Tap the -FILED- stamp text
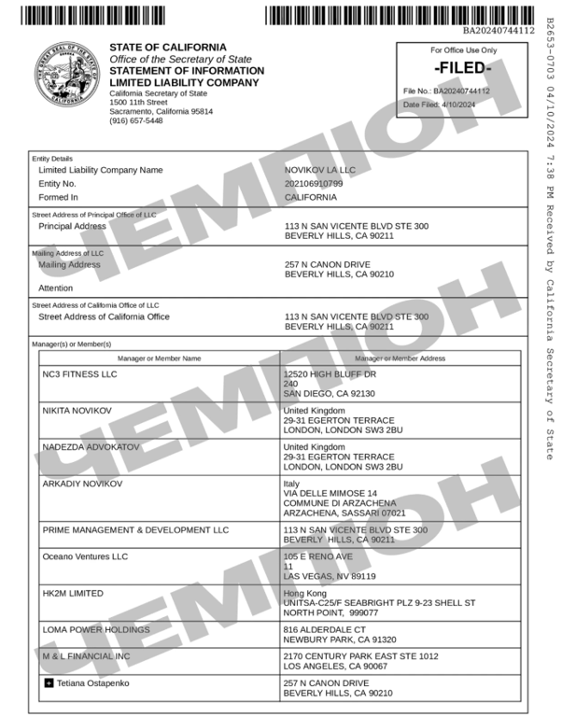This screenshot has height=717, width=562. (464, 69)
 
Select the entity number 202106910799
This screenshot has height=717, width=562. (314, 184)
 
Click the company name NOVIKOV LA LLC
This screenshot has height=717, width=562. (320, 170)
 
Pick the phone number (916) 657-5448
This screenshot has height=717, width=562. (136, 120)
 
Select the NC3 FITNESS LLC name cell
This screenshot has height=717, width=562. (80, 374)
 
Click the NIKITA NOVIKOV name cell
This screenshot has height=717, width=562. (77, 411)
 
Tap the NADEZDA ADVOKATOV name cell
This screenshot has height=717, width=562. (91, 447)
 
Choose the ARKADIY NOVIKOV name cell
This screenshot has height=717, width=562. (82, 484)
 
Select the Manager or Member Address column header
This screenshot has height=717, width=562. (400, 358)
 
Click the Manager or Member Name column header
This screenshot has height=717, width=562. (159, 358)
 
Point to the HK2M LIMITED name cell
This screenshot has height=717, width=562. (73, 593)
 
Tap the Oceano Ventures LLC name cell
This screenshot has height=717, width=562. (87, 556)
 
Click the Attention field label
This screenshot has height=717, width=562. (55, 288)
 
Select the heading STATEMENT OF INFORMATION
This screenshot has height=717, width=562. (187, 71)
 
